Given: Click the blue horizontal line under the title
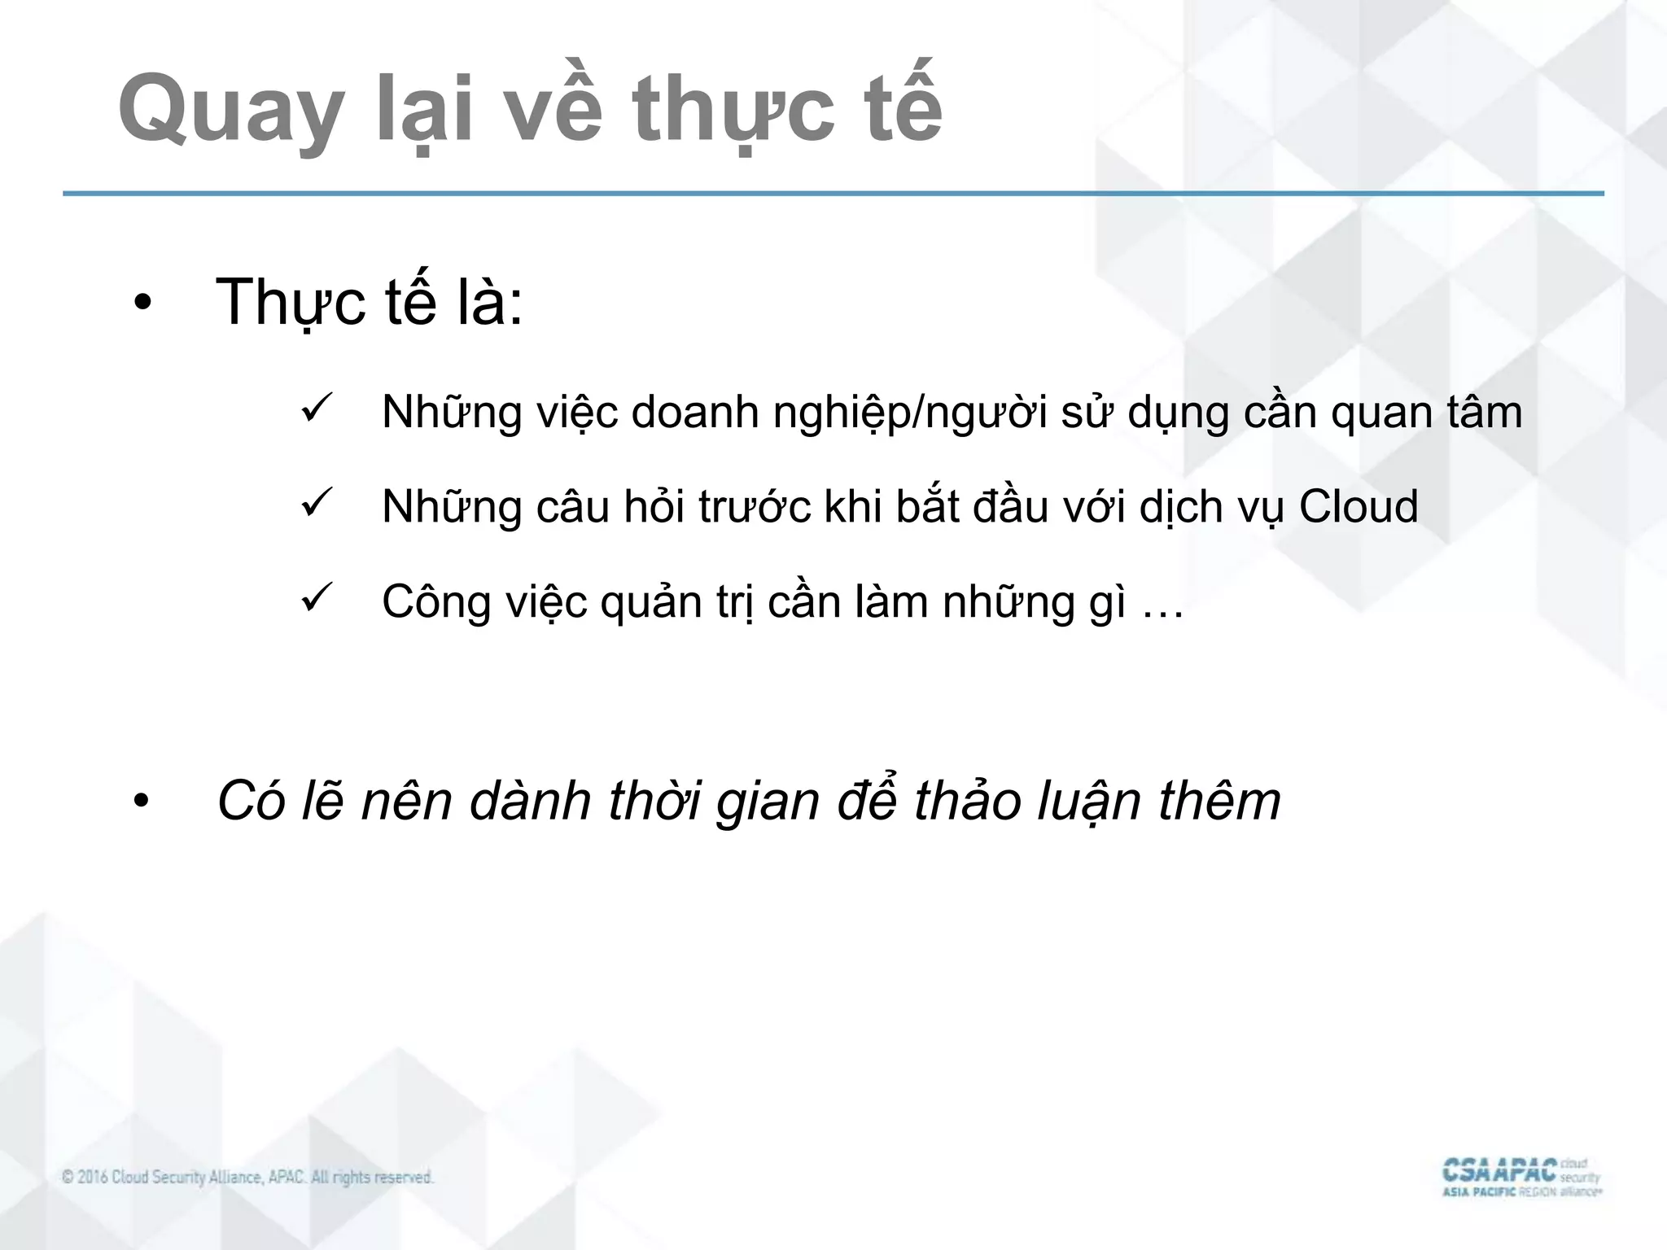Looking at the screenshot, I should point(833,194).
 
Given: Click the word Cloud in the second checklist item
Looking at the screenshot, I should point(1358,506).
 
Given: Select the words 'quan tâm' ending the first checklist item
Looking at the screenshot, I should point(1426,413).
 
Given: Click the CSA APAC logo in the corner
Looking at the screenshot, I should point(1520,1177).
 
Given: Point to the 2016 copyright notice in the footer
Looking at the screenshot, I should point(247,1177).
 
